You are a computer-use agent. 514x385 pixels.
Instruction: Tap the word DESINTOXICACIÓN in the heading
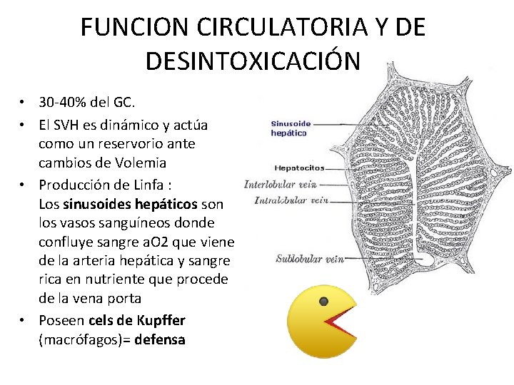point(253,61)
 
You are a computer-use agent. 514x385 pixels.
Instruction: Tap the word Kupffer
point(161,320)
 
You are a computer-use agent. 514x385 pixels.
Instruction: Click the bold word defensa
point(161,339)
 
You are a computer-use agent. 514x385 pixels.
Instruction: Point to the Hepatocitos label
point(299,168)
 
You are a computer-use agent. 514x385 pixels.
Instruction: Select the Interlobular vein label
point(280,184)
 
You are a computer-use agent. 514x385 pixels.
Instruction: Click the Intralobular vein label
point(291,200)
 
